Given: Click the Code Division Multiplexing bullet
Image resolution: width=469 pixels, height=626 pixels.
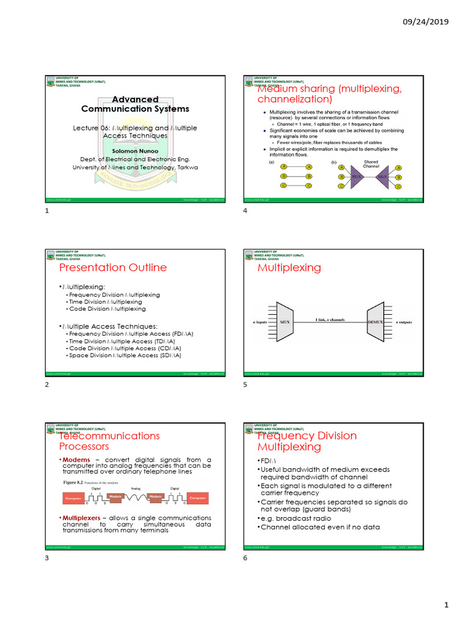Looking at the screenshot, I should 107,309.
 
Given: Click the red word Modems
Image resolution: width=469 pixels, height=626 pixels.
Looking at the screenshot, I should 76,460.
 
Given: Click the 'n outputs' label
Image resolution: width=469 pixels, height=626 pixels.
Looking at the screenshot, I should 404,322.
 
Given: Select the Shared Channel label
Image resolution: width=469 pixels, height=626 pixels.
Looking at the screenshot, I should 371,164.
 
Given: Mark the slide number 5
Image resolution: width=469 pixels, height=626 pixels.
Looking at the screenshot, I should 245,385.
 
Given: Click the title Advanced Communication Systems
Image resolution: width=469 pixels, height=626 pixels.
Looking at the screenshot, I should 135,104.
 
